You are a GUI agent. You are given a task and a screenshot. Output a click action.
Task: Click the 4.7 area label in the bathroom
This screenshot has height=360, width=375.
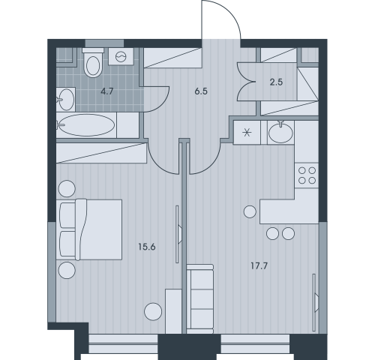(107, 91)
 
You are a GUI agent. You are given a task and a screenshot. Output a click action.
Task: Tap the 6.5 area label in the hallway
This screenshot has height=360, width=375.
(201, 91)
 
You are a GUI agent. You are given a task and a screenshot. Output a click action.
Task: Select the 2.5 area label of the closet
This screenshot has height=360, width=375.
(276, 82)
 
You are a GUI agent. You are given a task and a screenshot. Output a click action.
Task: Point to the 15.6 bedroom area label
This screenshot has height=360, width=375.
(147, 247)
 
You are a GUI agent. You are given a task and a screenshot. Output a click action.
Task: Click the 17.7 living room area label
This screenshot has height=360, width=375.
(259, 266)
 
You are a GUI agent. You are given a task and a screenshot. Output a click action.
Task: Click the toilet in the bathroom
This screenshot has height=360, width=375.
(93, 63)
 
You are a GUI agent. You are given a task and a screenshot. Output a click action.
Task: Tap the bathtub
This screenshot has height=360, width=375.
(86, 125)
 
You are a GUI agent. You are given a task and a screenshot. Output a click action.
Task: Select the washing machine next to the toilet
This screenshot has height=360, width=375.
(121, 56)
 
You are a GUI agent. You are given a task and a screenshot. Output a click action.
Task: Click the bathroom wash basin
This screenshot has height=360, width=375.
(66, 99)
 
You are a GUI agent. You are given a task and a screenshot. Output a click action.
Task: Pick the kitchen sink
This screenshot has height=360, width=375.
(280, 132)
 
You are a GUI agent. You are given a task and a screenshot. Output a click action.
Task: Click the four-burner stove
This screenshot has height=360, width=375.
(307, 175)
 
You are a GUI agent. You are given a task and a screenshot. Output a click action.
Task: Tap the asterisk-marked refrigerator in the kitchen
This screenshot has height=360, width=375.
(247, 132)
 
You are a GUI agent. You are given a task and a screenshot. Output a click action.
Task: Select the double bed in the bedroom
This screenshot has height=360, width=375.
(89, 229)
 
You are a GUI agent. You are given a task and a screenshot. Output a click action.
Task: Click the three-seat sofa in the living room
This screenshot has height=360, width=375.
(200, 299)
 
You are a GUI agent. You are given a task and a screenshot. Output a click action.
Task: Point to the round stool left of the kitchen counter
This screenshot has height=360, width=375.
(250, 211)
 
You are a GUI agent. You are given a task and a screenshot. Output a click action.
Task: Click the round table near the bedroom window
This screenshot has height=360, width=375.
(153, 311)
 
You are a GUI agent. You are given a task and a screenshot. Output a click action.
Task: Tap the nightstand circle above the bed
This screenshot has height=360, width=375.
(67, 189)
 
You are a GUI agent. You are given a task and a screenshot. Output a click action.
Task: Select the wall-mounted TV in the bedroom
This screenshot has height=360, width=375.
(178, 234)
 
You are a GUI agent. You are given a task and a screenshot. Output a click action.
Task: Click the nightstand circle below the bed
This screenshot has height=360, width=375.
(67, 270)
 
